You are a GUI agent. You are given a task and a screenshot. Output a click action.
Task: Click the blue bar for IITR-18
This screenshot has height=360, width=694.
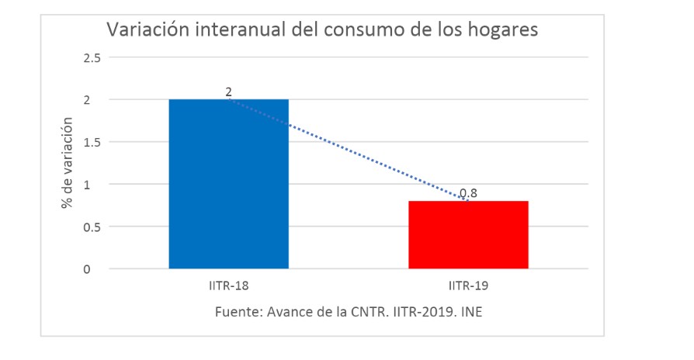pyautogui.click(x=228, y=184)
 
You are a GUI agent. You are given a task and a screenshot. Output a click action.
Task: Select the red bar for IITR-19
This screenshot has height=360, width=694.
pyautogui.click(x=468, y=235)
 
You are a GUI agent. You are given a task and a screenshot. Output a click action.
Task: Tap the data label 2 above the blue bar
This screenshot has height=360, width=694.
pyautogui.click(x=228, y=92)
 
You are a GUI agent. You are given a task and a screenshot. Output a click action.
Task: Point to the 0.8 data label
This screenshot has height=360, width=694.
pyautogui.click(x=468, y=193)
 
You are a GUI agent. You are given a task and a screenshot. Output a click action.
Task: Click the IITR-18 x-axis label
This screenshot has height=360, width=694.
pyautogui.click(x=228, y=286)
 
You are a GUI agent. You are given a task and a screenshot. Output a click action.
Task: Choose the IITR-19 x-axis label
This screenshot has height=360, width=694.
pyautogui.click(x=468, y=286)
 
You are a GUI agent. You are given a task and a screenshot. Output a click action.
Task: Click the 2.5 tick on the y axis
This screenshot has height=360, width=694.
pyautogui.click(x=92, y=57)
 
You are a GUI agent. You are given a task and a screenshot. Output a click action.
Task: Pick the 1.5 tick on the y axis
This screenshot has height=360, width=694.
pyautogui.click(x=92, y=142)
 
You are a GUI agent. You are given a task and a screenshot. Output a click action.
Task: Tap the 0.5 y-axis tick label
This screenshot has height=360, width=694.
pyautogui.click(x=92, y=227)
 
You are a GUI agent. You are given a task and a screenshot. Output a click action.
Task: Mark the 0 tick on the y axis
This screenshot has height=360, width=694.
pyautogui.click(x=97, y=269)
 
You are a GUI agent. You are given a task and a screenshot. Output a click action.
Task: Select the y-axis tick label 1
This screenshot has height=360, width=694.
pyautogui.click(x=97, y=185)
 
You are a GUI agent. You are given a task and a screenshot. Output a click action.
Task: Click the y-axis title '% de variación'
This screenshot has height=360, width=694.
pyautogui.click(x=68, y=163)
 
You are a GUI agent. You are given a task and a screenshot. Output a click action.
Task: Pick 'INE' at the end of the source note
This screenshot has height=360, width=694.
pyautogui.click(x=474, y=312)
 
